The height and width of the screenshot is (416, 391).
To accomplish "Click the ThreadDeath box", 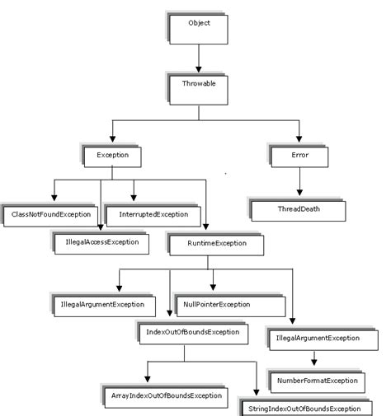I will click(298, 210).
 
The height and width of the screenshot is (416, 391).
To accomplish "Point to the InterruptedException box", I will click(153, 216).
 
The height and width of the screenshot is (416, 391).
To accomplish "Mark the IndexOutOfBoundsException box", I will click(192, 333).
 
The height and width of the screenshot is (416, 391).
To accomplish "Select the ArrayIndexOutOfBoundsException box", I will click(165, 397).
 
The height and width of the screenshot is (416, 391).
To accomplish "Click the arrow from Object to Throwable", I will click(199, 58).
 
